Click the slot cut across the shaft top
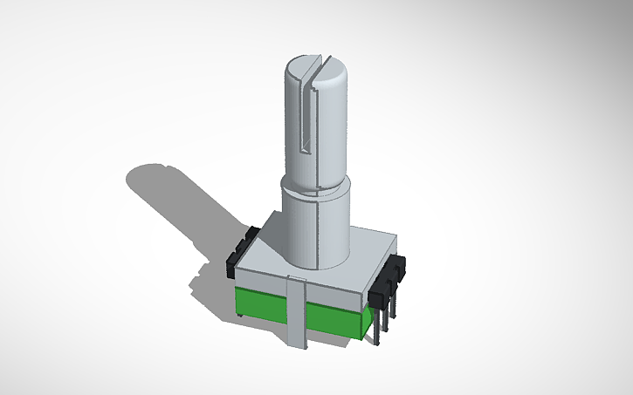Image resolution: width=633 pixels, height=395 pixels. [319, 64]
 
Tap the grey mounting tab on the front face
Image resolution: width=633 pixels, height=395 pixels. [297, 310]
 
